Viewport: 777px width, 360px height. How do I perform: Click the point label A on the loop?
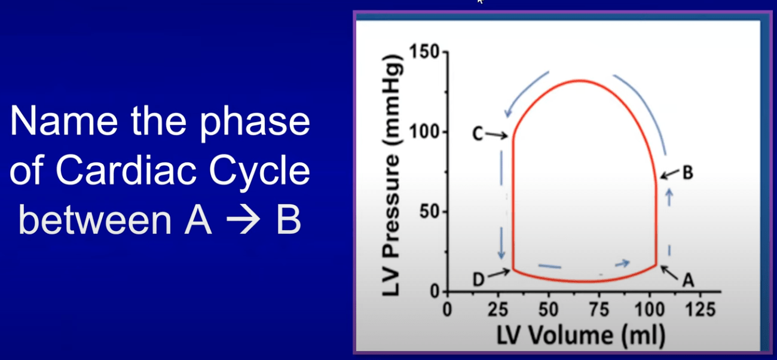point(688,280)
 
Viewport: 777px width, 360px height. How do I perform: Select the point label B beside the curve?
point(688,173)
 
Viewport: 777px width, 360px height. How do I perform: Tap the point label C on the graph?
point(478,134)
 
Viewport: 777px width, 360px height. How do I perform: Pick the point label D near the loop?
point(479,279)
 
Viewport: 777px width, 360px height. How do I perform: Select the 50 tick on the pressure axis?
point(429,212)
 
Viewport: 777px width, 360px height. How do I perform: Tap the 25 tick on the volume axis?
point(498,309)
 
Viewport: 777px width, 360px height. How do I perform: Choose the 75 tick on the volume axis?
point(599,309)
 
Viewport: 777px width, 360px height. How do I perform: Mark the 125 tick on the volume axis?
point(700,309)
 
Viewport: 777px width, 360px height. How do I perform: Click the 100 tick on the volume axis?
point(649,309)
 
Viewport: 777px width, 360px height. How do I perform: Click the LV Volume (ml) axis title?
point(581,335)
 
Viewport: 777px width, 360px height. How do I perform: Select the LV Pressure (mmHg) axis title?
point(393,176)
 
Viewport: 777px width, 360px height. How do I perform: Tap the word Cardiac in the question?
point(125,171)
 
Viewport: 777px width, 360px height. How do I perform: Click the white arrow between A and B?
point(243,219)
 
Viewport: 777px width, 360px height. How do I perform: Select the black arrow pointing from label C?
point(496,135)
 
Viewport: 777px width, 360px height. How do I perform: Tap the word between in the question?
point(94,219)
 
